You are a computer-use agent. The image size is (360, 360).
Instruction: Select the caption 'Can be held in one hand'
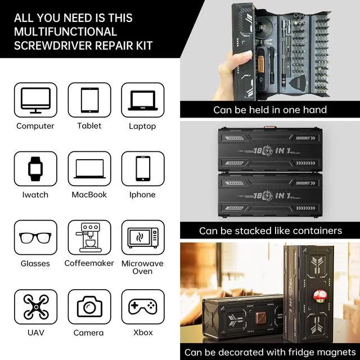click(270, 110)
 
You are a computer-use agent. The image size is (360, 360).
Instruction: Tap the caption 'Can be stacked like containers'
click(270, 231)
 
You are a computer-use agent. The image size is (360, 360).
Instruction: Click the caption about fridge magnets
click(270, 352)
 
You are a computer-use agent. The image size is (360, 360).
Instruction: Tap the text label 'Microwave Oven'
click(143, 267)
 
